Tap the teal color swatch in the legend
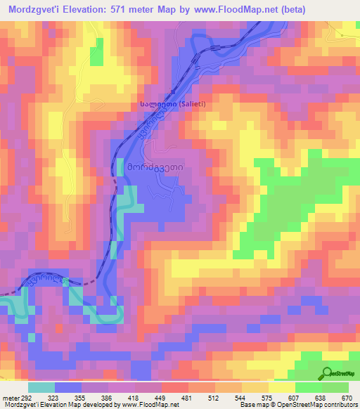[x=41, y=387]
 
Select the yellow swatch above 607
[x=282, y=387]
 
